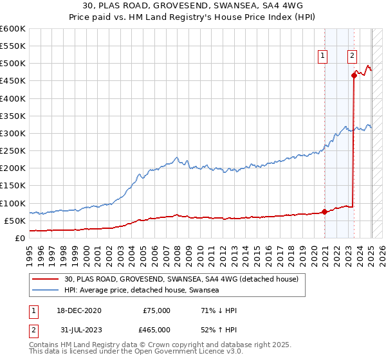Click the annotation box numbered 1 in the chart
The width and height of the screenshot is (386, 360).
tap(322, 56)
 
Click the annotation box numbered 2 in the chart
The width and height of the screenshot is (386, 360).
tap(353, 56)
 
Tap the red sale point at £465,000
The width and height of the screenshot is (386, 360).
tap(354, 75)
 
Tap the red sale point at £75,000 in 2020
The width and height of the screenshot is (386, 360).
tap(324, 212)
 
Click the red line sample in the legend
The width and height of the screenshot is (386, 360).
tap(45, 280)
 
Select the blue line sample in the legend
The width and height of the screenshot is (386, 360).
tap(45, 291)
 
